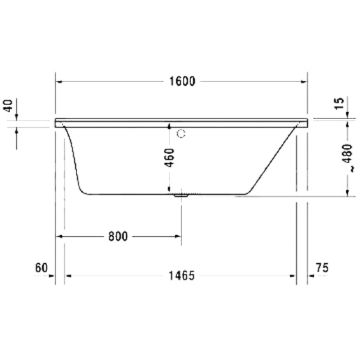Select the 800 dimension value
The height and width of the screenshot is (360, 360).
pos(118,236)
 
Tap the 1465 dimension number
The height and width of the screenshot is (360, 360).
pos(182,276)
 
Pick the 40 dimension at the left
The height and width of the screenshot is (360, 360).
pos(8,106)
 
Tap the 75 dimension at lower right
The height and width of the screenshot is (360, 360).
pos(322,268)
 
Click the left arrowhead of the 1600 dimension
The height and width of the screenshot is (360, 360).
pos(59,81)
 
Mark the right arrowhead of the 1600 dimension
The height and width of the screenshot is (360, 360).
pos(304,81)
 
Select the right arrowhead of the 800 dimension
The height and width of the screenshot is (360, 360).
pos(179,236)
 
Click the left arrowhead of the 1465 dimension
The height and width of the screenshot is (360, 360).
pos(69,276)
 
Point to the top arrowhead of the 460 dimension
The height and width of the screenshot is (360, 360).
pos(168,127)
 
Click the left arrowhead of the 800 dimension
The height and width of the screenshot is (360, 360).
pos(59,236)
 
